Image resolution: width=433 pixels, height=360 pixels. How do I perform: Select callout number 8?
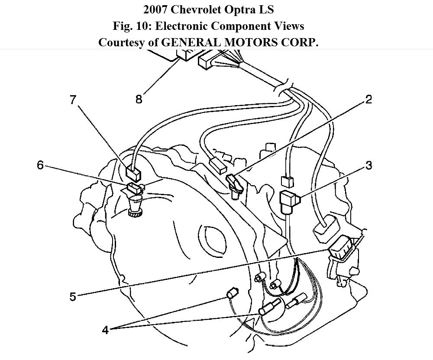tap(139, 100)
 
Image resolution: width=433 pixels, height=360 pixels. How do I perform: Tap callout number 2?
tap(368, 100)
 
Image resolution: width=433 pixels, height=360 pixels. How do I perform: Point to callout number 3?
tap(368, 165)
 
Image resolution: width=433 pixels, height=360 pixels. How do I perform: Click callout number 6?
tap(40, 165)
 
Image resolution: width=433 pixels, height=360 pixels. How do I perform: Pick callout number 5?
tap(72, 297)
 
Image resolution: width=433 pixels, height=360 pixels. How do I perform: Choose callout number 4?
tap(105, 330)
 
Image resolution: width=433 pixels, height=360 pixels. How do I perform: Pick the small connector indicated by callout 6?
tap(135, 188)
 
